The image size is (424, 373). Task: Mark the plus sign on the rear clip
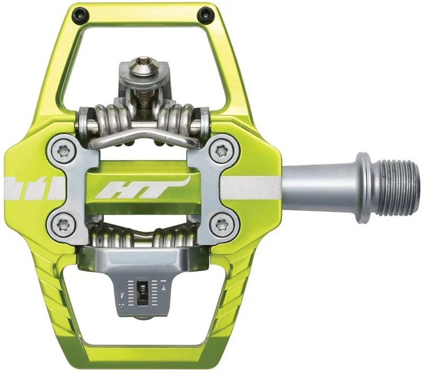(x=123, y=305)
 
